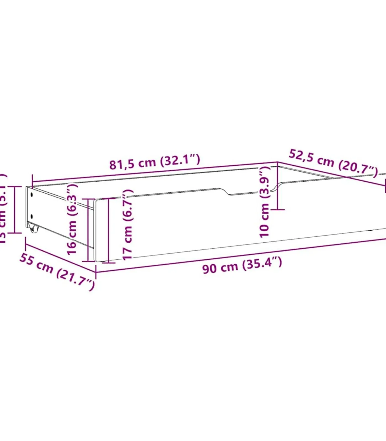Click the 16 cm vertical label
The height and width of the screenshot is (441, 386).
(73, 219)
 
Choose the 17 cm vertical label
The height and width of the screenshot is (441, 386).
(128, 225)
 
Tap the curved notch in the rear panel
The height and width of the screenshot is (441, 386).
(277, 186)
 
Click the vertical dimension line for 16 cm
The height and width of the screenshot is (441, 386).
(88, 230)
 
